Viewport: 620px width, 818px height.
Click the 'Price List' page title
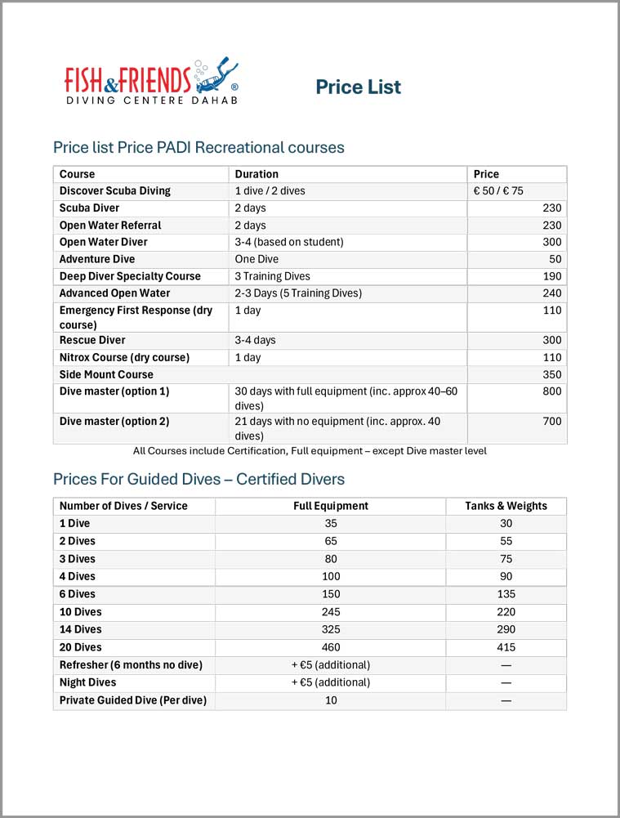click(x=358, y=87)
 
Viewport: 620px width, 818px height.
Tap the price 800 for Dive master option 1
click(x=551, y=391)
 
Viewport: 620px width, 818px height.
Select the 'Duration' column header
click(x=256, y=174)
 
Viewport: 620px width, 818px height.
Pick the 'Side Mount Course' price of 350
click(x=551, y=374)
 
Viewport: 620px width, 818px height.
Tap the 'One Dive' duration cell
click(x=256, y=259)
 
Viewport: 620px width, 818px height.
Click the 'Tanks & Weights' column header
click(x=506, y=506)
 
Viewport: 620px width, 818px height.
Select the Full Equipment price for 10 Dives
click(x=331, y=612)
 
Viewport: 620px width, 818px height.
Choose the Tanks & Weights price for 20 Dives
click(x=506, y=647)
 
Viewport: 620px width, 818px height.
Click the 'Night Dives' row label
click(x=88, y=682)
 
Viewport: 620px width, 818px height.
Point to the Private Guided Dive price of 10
click(x=331, y=700)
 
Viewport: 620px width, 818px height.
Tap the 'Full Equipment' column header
click(x=331, y=506)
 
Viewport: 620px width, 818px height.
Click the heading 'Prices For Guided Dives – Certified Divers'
click(x=198, y=479)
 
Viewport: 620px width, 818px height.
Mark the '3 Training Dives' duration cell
click(x=272, y=276)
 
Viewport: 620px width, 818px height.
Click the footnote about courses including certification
click(x=310, y=451)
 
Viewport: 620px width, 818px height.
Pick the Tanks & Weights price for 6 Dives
click(x=506, y=594)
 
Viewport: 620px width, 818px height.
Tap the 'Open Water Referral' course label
click(x=110, y=226)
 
